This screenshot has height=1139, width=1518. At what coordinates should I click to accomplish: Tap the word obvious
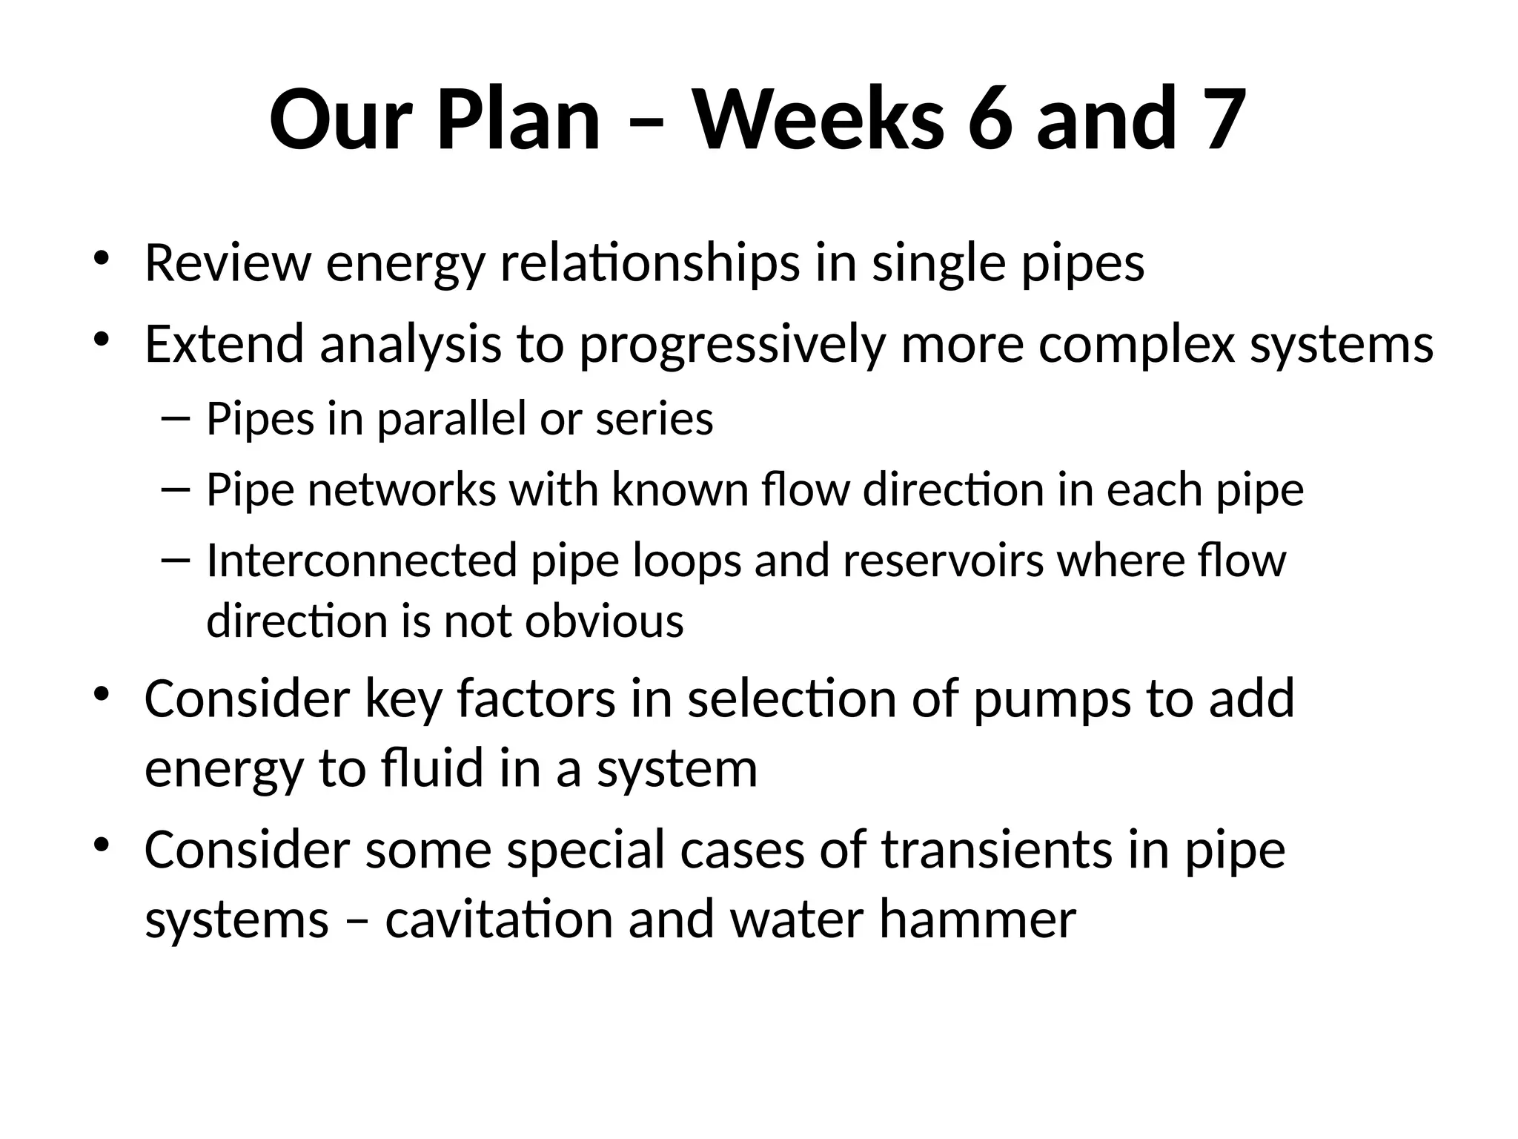click(604, 621)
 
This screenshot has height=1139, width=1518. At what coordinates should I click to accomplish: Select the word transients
click(997, 850)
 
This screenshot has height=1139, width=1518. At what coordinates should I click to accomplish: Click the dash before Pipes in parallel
click(175, 419)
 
